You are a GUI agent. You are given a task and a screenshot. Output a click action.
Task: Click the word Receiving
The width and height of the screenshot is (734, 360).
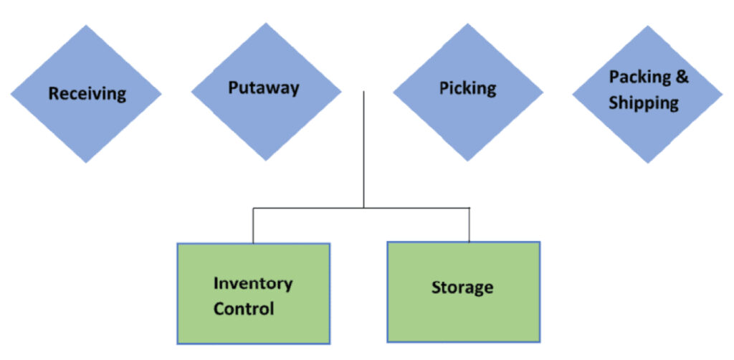pyautogui.click(x=87, y=94)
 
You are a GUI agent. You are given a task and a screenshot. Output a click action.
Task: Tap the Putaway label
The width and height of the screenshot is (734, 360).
pyautogui.click(x=264, y=88)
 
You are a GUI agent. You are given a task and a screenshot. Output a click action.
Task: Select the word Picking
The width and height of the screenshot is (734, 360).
pyautogui.click(x=467, y=88)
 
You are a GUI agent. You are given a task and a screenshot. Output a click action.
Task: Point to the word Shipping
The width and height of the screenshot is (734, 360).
pyautogui.click(x=644, y=103)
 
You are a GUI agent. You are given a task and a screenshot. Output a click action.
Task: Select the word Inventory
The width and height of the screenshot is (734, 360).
pyautogui.click(x=253, y=284)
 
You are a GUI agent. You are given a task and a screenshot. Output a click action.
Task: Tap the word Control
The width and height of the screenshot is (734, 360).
pyautogui.click(x=244, y=309)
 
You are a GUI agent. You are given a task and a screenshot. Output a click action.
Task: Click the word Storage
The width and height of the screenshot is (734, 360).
pyautogui.click(x=462, y=288)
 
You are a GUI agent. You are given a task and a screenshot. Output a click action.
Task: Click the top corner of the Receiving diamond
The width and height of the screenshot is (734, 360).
pyautogui.click(x=86, y=25)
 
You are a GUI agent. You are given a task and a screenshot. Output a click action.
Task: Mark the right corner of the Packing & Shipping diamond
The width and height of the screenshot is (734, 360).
pyautogui.click(x=723, y=94)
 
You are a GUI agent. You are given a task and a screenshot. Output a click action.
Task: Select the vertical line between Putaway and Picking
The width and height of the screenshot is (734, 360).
pyautogui.click(x=363, y=149)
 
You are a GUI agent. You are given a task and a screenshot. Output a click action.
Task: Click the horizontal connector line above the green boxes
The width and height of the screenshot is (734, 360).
pyautogui.click(x=361, y=208)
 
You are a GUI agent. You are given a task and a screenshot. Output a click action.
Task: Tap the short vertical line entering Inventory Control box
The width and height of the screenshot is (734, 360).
pyautogui.click(x=253, y=226)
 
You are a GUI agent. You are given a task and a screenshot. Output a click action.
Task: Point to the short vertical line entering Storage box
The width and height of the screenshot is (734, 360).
pyautogui.click(x=469, y=225)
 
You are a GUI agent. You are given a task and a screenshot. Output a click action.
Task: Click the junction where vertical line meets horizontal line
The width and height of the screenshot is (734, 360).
pyautogui.click(x=363, y=208)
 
